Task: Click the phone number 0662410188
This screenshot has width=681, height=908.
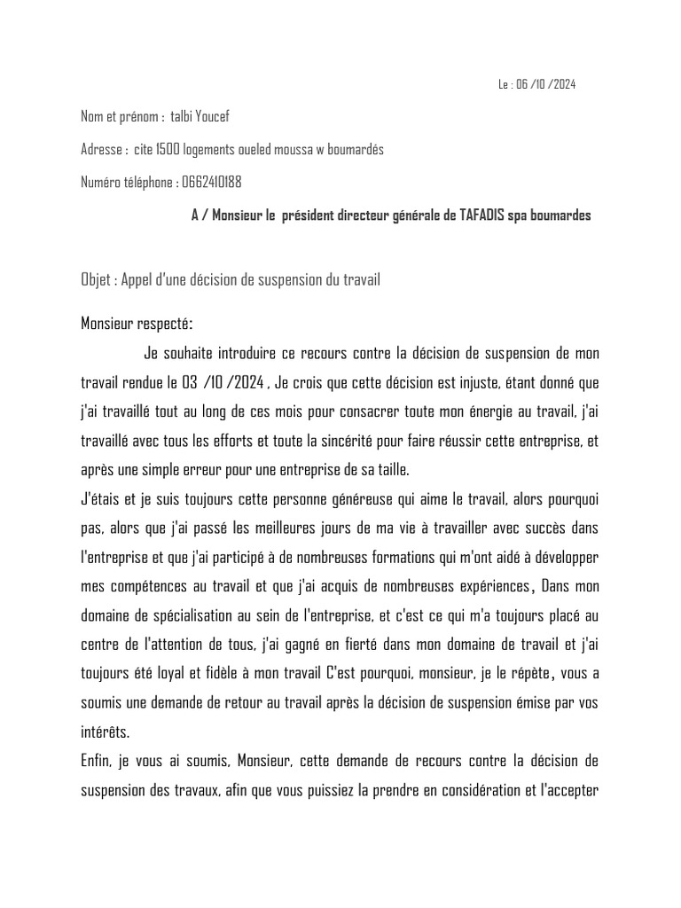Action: tap(211, 182)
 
